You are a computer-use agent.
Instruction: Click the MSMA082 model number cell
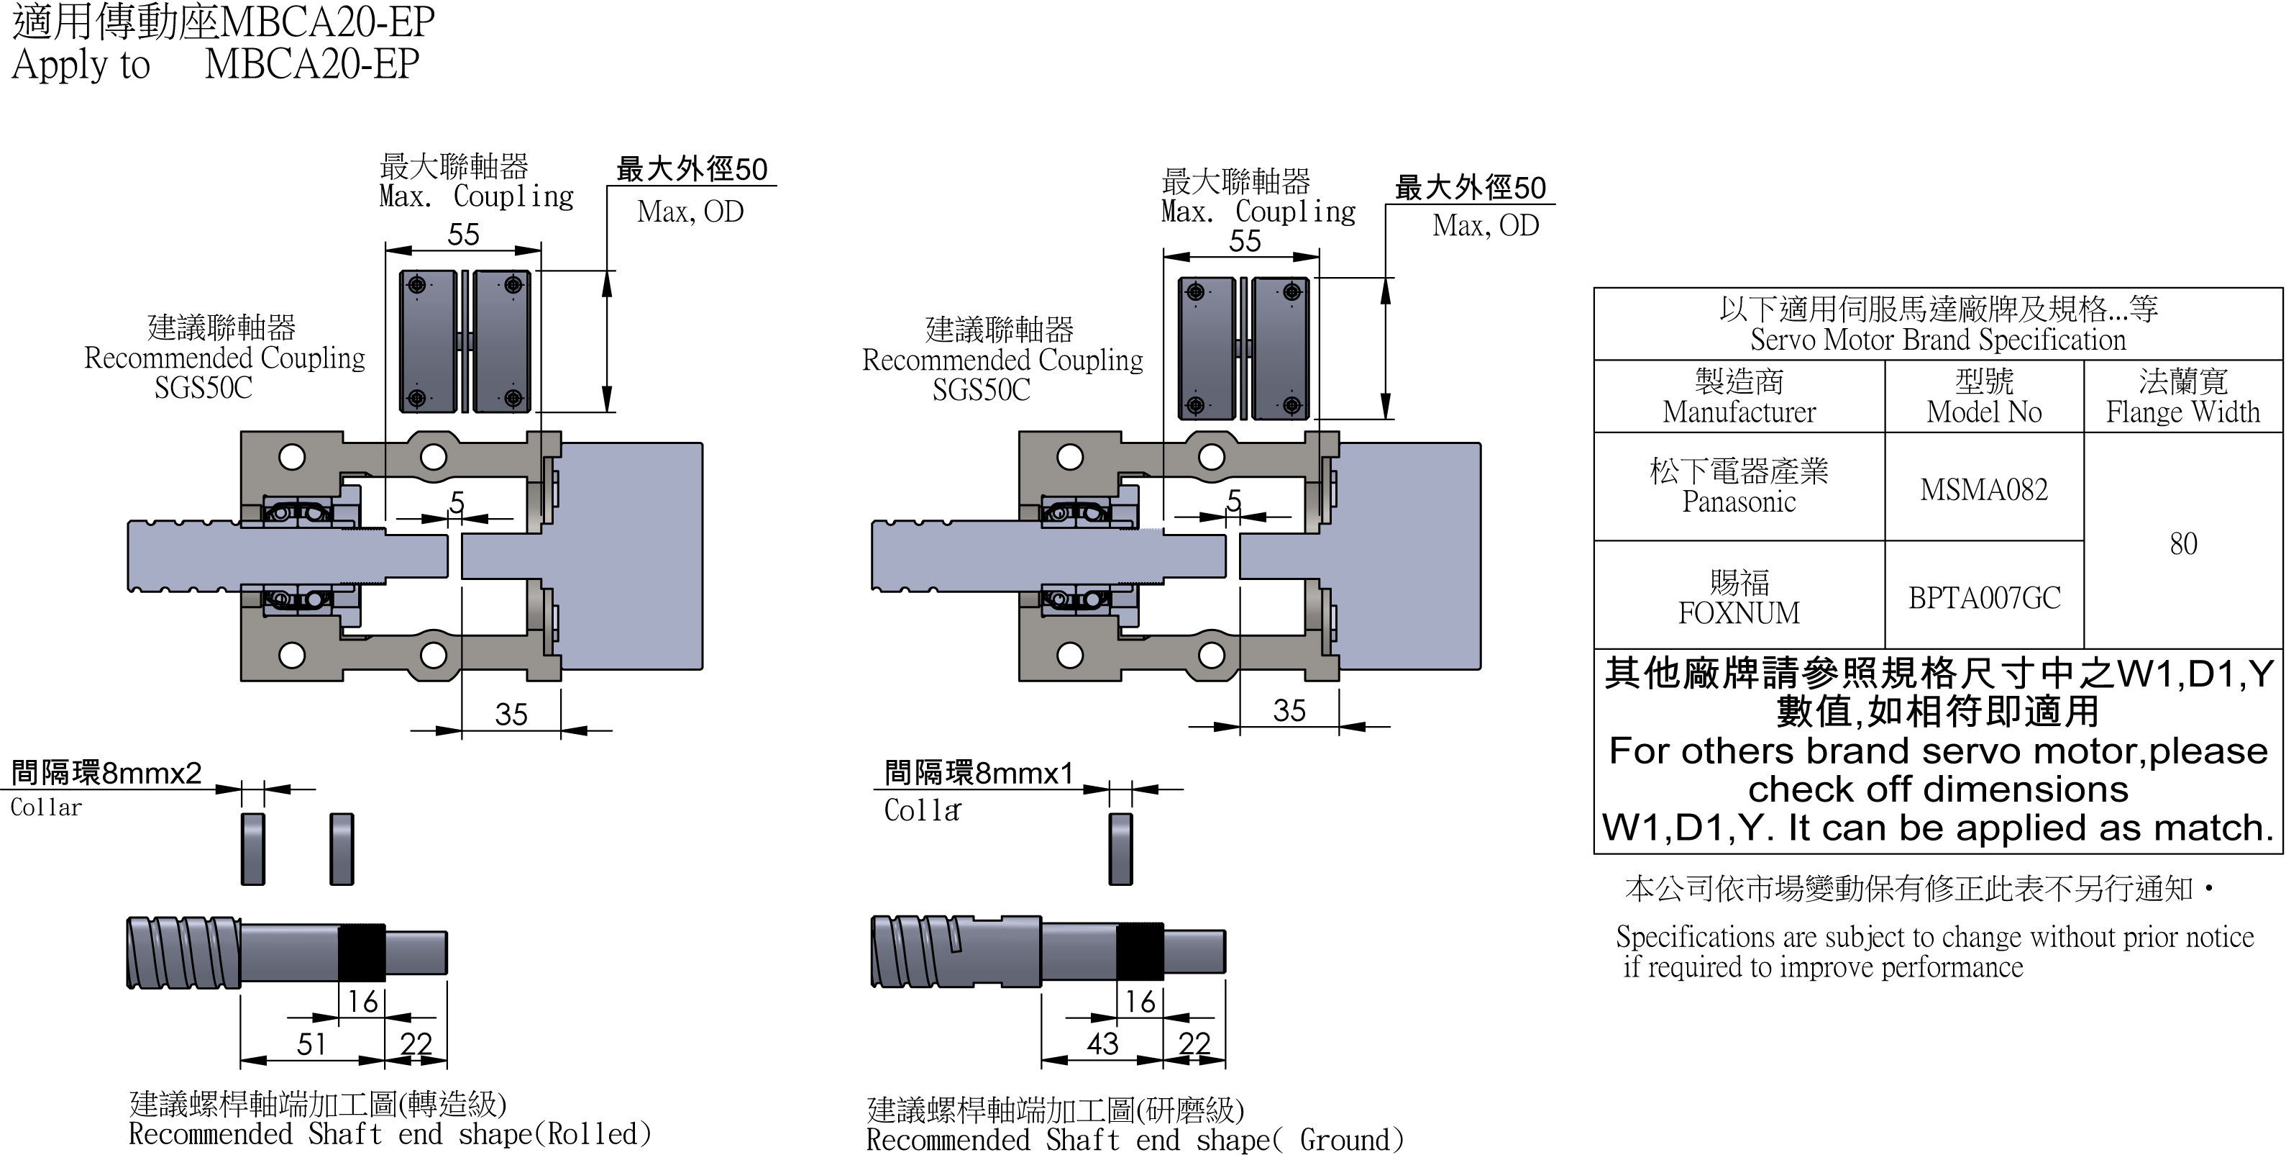1983,489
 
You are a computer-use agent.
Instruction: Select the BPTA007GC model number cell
1983,597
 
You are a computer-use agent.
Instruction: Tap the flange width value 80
2183,543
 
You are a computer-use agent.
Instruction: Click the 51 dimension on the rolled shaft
311,1043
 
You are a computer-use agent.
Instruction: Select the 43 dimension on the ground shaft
1102,1043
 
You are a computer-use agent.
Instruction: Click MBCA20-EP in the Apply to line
311,64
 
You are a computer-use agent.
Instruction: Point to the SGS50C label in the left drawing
204,388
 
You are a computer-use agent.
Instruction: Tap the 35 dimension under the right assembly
1289,710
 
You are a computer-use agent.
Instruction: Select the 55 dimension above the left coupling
463,235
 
